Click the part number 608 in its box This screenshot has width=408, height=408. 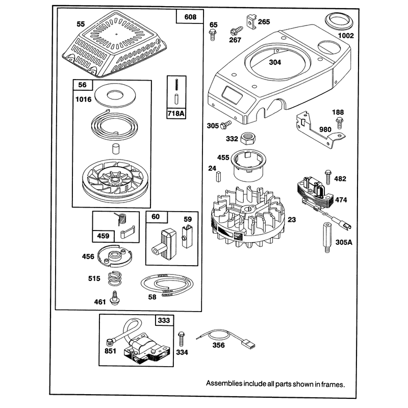coord(190,17)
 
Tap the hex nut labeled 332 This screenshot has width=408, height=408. coord(248,138)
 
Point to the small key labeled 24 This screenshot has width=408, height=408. coord(218,176)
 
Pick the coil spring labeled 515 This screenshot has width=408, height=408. coord(115,278)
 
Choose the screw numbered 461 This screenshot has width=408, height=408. coord(114,298)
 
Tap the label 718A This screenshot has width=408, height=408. coord(176,113)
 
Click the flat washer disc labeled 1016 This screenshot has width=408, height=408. coord(114,95)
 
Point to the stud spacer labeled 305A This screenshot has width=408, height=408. coord(327,238)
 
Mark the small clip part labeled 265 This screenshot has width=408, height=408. coord(250,22)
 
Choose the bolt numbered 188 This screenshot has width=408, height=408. coord(339,122)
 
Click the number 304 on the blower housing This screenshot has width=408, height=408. coord(275,62)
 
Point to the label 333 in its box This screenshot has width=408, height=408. coord(164,320)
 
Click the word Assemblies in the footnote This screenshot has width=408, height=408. coord(224,384)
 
